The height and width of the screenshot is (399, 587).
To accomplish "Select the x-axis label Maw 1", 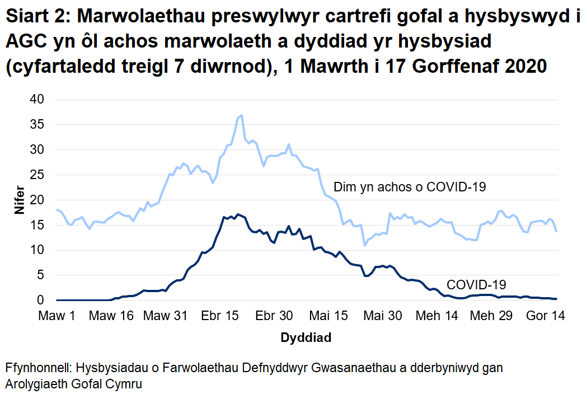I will coord(57,316).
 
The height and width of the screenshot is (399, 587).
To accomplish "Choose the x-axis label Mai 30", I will coord(383,316).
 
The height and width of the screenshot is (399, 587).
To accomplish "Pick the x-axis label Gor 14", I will coord(546,316).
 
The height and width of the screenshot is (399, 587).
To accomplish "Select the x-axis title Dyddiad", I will coord(306,338).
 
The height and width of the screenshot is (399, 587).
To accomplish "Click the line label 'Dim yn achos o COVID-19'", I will coord(410,187).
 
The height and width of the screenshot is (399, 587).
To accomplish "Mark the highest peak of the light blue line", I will coord(241,115).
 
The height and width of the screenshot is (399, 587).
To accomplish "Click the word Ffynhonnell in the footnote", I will coord(37,369).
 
